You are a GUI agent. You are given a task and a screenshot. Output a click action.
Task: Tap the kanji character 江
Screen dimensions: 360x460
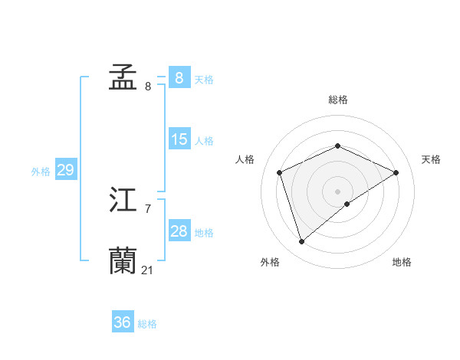tap(123, 201)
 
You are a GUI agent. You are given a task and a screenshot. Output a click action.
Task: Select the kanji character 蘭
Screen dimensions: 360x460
tap(123, 260)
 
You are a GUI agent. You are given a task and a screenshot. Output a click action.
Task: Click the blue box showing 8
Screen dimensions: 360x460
tap(179, 77)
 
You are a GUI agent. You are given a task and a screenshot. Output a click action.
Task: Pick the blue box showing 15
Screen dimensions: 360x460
tap(179, 139)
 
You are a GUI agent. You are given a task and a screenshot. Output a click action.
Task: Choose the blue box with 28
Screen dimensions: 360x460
tap(179, 231)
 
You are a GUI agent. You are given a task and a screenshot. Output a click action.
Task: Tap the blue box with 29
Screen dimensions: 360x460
tap(65, 170)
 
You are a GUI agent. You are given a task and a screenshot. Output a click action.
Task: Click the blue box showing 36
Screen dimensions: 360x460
tap(122, 322)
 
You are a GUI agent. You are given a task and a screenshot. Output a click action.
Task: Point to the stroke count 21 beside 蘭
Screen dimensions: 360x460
tap(147, 270)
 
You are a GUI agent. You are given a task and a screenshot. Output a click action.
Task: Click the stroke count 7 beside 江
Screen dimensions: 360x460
tap(148, 208)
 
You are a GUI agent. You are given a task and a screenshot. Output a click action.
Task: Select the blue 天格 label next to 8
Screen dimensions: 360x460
tap(204, 80)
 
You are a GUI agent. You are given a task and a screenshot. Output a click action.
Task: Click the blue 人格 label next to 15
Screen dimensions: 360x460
tap(204, 141)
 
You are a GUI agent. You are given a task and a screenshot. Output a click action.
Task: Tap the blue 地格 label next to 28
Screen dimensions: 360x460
tap(204, 233)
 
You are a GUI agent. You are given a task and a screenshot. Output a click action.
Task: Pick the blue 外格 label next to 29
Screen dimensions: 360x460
tap(41, 172)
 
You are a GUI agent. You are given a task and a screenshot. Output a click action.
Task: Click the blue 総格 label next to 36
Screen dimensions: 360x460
tap(147, 324)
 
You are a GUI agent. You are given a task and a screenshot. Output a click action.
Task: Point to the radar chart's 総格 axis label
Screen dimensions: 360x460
tap(338, 100)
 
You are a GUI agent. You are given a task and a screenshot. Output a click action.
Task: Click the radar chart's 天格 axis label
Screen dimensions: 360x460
tap(431, 159)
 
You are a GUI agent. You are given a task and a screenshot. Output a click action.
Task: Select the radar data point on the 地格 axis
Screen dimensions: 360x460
tap(347, 204)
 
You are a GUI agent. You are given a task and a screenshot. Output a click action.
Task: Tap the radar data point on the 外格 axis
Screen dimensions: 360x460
tap(302, 241)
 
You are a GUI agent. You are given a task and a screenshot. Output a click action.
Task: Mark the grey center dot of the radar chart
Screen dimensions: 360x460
tap(338, 191)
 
